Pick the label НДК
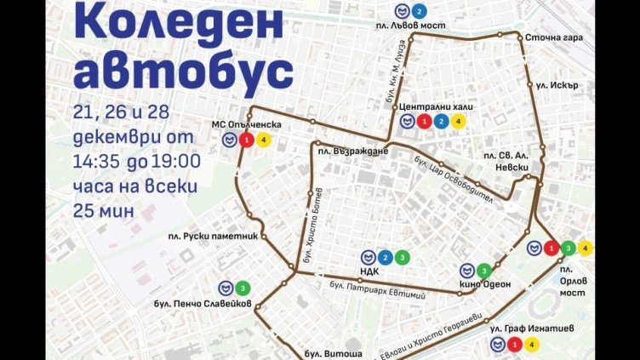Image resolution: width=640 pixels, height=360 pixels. (x=369, y=273)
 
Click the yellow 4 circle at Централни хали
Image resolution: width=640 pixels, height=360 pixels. (x=458, y=121)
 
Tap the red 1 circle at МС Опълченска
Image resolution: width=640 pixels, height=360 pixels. (x=245, y=140)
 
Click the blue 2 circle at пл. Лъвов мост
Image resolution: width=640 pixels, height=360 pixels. (x=418, y=12)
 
